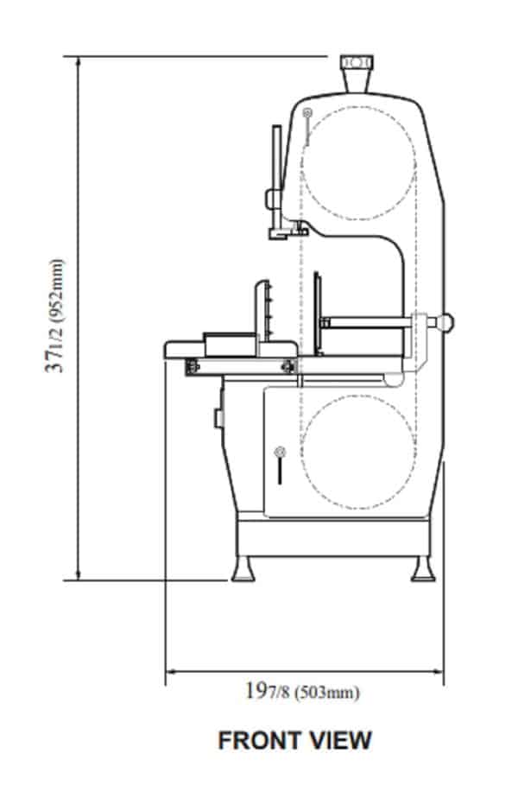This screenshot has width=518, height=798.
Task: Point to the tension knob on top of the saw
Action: tap(356, 63)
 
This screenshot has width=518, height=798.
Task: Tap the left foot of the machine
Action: tap(242, 569)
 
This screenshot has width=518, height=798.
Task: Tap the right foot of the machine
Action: tap(423, 569)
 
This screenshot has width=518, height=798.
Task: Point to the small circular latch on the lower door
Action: tap(279, 451)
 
